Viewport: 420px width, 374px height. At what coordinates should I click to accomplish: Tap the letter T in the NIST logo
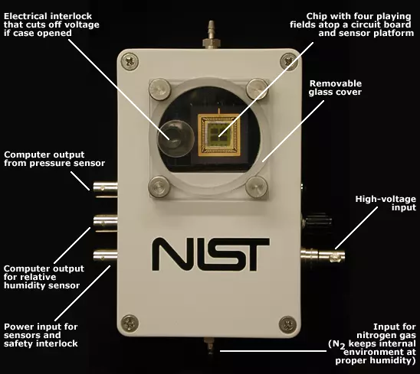tap(254, 254)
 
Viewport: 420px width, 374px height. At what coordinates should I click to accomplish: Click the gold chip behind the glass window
tap(219, 135)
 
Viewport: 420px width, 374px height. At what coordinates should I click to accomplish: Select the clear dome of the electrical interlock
tap(176, 138)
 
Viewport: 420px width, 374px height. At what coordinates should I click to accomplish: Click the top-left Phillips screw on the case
tap(130, 62)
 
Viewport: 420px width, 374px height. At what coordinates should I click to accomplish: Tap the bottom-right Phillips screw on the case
tap(287, 324)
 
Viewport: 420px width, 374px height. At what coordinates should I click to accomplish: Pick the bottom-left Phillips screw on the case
tap(130, 324)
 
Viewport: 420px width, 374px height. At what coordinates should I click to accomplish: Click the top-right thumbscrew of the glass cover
tap(257, 89)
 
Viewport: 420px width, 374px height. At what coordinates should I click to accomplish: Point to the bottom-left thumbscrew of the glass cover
tap(159, 187)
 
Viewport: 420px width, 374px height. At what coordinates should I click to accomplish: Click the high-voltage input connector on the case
tap(323, 255)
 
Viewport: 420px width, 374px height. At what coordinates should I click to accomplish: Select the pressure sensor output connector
tap(105, 188)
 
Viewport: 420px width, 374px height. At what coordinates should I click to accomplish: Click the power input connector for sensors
tap(105, 255)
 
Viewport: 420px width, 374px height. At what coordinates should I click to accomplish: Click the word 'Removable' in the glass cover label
tap(336, 83)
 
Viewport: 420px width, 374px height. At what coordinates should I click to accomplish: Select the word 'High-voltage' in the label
tap(386, 199)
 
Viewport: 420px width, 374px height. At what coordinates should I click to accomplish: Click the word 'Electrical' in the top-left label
tap(26, 16)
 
